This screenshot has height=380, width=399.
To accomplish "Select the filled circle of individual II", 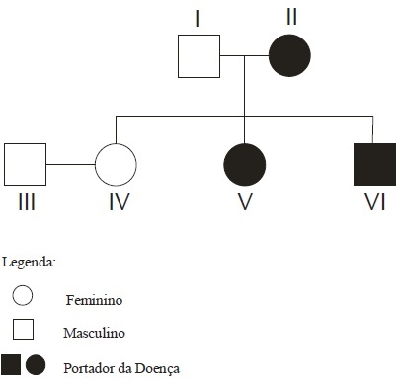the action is coord(289,55).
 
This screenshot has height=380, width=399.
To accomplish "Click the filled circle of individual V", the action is coord(245,165).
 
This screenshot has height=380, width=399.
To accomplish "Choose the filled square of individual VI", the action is coord(374,164).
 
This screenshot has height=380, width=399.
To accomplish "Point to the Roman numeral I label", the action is coord(198,19).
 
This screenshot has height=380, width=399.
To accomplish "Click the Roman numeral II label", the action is coord(291,17).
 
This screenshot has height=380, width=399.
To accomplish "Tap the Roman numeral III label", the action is coord(27,202).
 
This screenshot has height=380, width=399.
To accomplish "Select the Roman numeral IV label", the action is coord(120,202).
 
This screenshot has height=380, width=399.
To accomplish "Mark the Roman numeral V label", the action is coord(245,202).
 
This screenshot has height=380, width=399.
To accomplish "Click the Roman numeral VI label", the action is coord(374,202).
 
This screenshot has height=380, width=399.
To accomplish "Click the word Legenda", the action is coord(29,263).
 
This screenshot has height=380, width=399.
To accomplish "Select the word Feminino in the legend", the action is coord(94,300).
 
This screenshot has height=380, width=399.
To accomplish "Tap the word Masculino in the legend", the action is coord(94,333).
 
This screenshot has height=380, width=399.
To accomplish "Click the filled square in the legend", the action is coord(11,365).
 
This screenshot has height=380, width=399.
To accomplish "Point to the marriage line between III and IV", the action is coord(70,164).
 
